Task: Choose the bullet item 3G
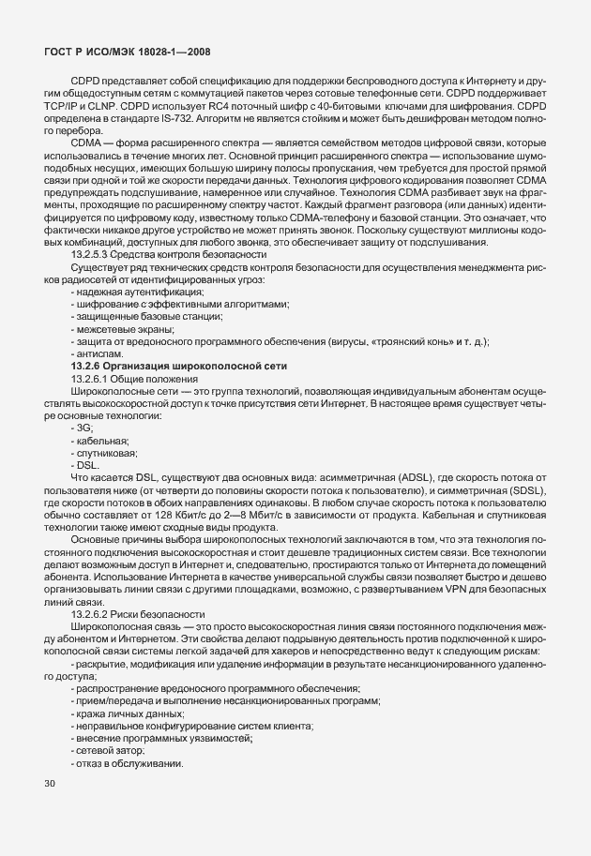coord(85,454)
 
